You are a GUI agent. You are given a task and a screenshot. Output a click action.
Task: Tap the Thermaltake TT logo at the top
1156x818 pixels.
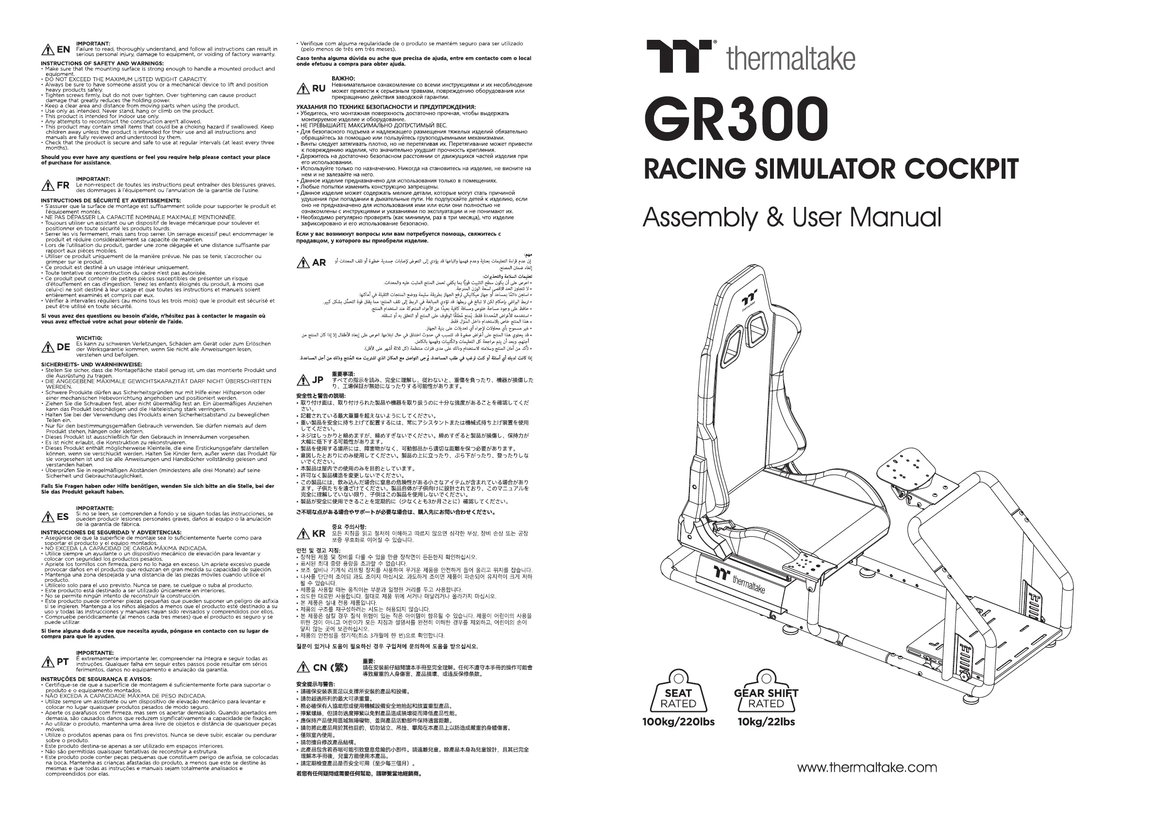[x=678, y=56]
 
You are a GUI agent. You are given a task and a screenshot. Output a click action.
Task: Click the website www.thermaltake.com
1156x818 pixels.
[x=867, y=767]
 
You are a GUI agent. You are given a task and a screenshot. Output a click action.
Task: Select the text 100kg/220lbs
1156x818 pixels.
[x=678, y=722]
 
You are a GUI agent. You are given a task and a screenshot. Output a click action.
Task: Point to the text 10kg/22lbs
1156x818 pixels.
[x=766, y=722]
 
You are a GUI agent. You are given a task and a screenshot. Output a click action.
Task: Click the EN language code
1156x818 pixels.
[x=63, y=50]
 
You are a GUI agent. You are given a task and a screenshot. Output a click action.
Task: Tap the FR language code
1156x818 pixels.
[x=63, y=186]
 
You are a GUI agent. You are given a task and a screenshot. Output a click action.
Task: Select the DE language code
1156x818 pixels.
[x=63, y=347]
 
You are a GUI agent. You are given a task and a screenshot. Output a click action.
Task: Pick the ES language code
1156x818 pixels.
[x=63, y=517]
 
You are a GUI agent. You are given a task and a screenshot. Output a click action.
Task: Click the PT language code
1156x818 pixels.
[x=63, y=662]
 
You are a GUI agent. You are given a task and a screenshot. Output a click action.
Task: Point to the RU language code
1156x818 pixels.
[x=318, y=89]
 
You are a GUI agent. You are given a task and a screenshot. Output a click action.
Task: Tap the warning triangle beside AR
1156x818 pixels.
[x=303, y=263]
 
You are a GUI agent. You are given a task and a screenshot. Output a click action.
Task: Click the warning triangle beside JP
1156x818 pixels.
[x=303, y=380]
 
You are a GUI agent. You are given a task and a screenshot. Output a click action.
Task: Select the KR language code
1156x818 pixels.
[x=318, y=534]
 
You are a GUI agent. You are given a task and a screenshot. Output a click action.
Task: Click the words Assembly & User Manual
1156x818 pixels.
[x=791, y=218]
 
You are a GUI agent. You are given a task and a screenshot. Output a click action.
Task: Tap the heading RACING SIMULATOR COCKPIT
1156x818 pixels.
[x=831, y=169]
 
